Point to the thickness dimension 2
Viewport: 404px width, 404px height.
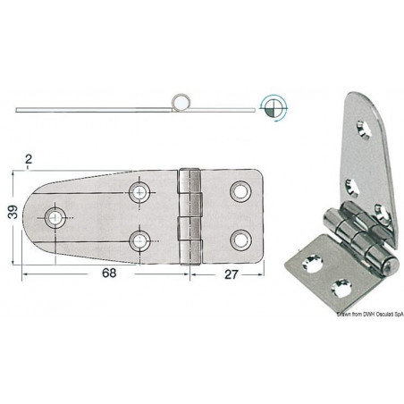coord(29,160)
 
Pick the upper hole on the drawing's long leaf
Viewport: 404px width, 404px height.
coord(140,192)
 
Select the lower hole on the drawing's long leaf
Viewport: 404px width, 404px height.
coord(140,239)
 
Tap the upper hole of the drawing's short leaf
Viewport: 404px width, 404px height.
coord(239,192)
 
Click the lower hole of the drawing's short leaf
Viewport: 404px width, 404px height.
coord(239,239)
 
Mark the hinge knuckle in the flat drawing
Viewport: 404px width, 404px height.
coord(188,215)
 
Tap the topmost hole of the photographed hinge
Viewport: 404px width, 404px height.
coord(361,130)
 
